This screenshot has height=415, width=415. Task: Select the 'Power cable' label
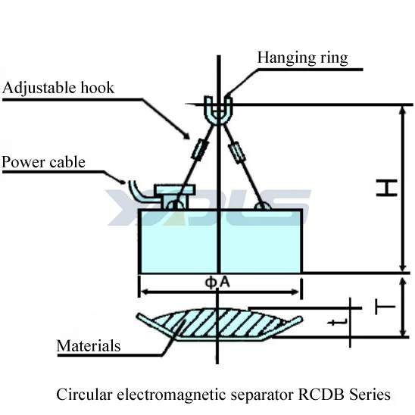tap(43, 162)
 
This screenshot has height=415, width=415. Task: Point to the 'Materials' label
tap(89, 346)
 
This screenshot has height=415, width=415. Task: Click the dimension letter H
tap(386, 188)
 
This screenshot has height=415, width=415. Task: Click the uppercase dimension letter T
tap(385, 307)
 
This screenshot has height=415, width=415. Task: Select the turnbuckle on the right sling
tap(239, 154)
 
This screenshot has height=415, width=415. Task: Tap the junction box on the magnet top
tap(170, 191)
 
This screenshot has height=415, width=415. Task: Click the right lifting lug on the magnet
tap(262, 204)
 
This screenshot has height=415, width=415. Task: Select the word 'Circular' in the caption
tap(81, 394)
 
